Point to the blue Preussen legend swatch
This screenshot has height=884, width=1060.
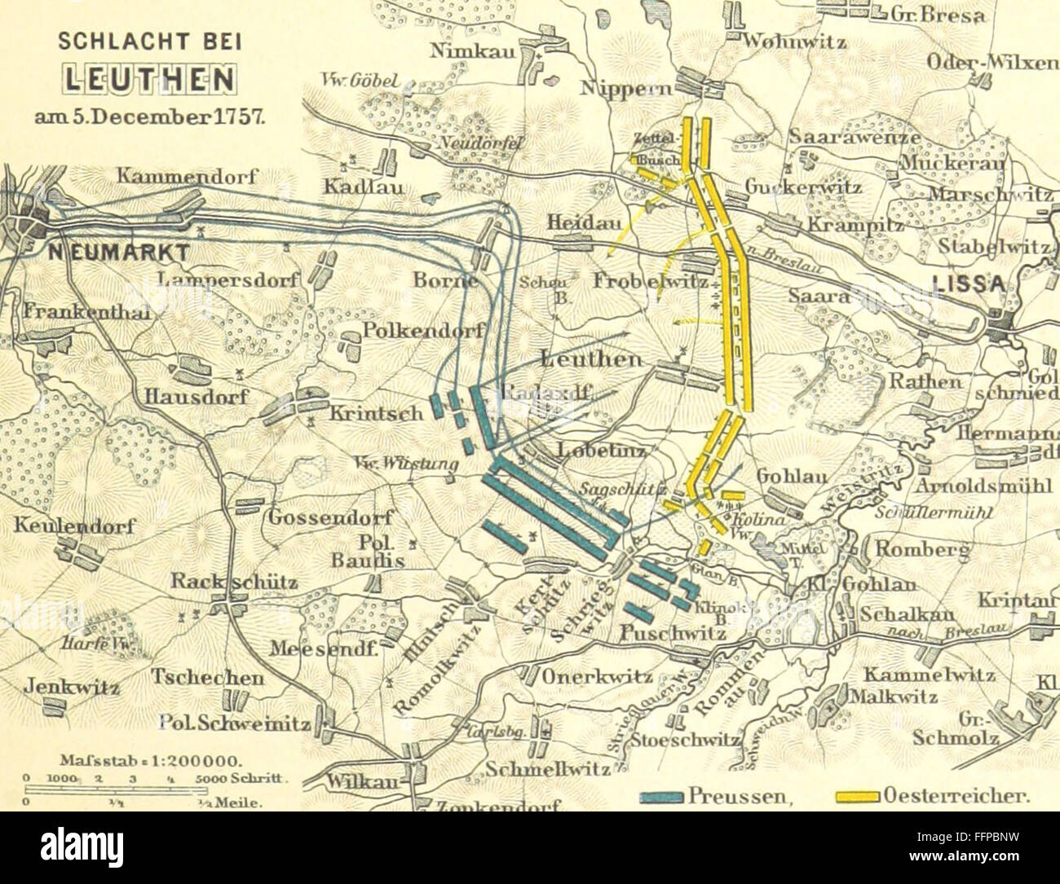(661, 798)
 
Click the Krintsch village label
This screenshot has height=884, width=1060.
(376, 413)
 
